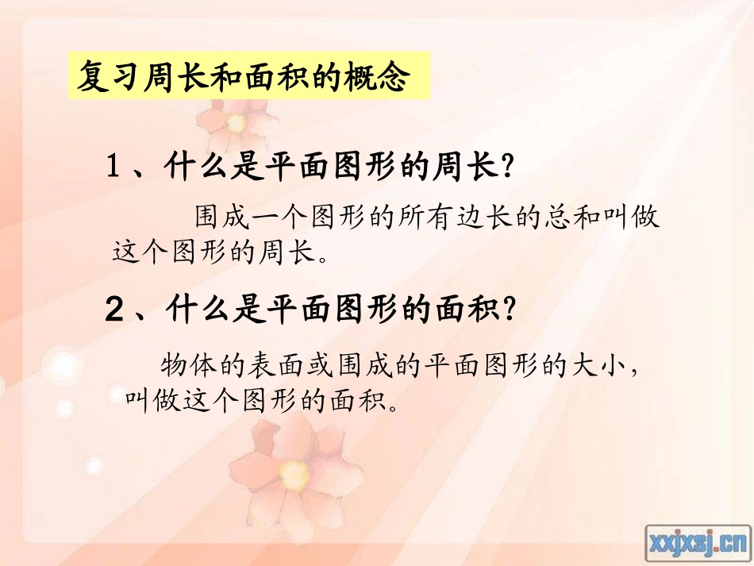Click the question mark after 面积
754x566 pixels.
coord(510,310)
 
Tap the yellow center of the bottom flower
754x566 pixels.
coord(294,476)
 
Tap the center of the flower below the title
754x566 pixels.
coord(236,123)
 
